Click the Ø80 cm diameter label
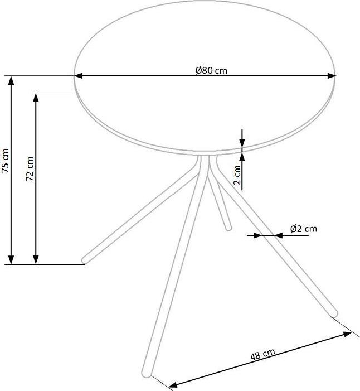point(211,71)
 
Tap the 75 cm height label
point(5,161)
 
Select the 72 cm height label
point(30,169)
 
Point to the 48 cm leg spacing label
point(263,354)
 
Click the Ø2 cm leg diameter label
point(304,229)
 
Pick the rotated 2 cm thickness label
point(237,175)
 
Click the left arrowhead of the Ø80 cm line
point(79,76)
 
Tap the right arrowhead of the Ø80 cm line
point(331,76)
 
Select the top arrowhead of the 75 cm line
point(11,80)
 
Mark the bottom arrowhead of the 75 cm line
point(11,259)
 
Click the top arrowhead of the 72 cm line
point(36,98)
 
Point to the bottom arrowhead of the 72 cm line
point(36,259)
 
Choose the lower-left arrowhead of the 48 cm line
point(173,385)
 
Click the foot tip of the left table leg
point(85,261)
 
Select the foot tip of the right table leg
point(334,314)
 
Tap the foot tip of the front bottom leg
point(147,374)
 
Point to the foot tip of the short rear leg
point(228,228)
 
